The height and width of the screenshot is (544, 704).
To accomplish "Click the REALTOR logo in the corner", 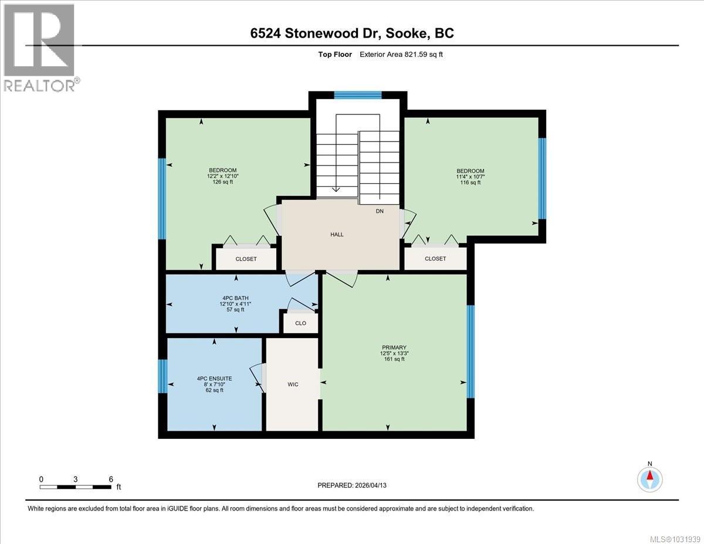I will pos(40,47).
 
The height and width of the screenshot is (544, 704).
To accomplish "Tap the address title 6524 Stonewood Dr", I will pos(351,33).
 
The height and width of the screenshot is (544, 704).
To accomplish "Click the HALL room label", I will pos(337,234).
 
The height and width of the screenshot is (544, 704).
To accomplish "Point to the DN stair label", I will pos(380,211).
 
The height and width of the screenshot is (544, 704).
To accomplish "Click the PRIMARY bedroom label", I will pos(393,347).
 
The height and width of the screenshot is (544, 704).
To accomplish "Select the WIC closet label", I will pos(293,384).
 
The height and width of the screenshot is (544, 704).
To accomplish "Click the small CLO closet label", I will pos(300,323).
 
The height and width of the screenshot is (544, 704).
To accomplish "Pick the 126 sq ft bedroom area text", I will pos(222,182).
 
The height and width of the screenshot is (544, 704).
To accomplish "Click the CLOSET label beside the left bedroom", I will pos(246,259).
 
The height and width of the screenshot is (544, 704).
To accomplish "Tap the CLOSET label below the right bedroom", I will pos(435,259).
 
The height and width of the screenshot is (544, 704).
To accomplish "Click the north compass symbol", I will pos(650,478).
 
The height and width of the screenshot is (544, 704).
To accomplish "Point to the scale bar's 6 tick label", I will pos(110,479).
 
